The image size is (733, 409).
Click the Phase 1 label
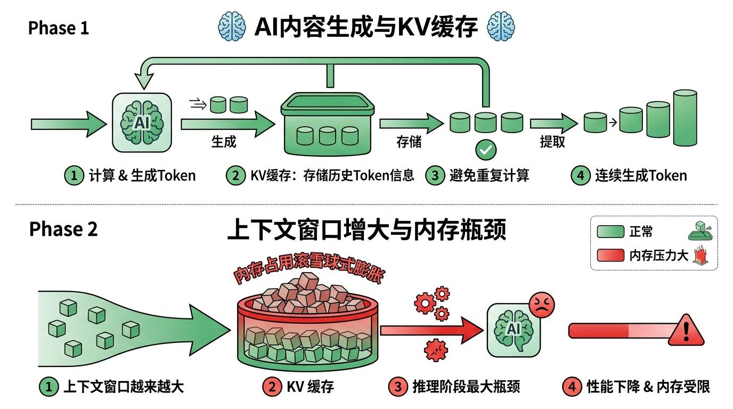tap(58, 28)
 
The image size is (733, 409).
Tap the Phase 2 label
tap(63, 229)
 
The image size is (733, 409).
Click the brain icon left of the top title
tap(232, 27)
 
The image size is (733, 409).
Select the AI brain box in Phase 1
tap(142, 123)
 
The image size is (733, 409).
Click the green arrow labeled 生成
tap(226, 124)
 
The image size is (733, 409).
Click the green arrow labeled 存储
tap(410, 124)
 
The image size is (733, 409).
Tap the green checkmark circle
tap(485, 150)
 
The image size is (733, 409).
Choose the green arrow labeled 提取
tap(553, 124)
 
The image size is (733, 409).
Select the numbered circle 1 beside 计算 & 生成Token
tap(75, 176)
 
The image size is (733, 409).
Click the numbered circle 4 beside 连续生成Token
tap(581, 176)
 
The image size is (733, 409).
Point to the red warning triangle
tap(686, 331)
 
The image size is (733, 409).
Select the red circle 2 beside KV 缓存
tap(273, 387)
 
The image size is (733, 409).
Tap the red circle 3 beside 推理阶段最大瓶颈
tap(398, 387)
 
